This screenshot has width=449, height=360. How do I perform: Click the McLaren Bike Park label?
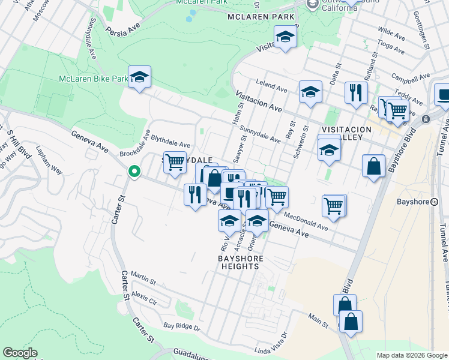pyautogui.click(x=93, y=79)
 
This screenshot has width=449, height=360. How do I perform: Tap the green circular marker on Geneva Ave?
pyautogui.click(x=134, y=172)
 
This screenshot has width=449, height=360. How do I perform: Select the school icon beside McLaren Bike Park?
pyautogui.click(x=139, y=77)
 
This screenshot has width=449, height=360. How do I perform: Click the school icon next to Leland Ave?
pyautogui.click(x=310, y=92)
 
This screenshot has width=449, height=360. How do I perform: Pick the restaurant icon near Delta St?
pyautogui.click(x=356, y=94)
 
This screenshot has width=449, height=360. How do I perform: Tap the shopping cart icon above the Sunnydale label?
pyautogui.click(x=175, y=163)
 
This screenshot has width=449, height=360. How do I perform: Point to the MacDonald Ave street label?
pyautogui.click(x=306, y=222)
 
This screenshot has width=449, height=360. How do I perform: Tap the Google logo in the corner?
pyautogui.click(x=20, y=353)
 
